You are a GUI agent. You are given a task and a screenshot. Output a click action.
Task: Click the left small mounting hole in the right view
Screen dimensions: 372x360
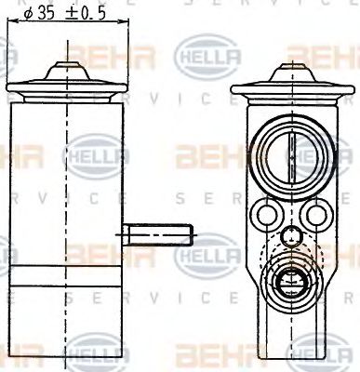pyautogui.click(x=267, y=216)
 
